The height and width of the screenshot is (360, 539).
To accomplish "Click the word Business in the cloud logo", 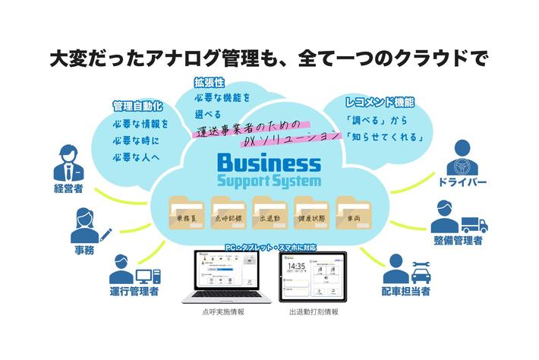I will pos(269,163).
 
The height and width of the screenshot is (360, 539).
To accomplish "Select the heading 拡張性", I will pos(209,81).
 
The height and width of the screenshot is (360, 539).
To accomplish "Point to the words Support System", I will pos(269,182).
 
